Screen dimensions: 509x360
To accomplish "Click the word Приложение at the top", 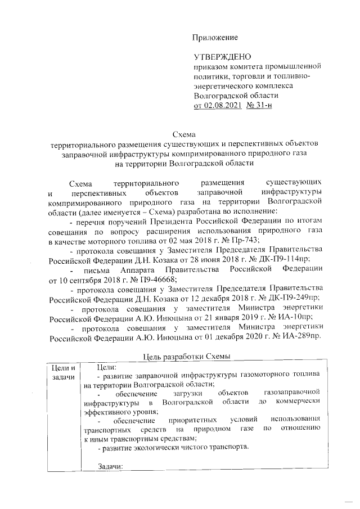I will [216, 38].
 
